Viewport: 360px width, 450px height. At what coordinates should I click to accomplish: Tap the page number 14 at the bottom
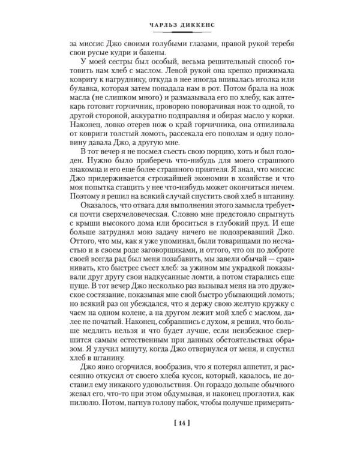click(x=180, y=425)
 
